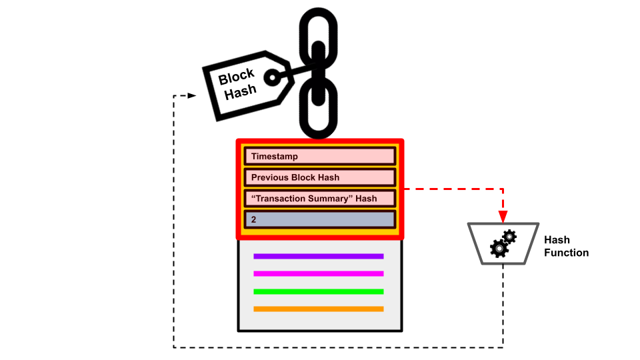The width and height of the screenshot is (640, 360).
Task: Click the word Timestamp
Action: click(275, 157)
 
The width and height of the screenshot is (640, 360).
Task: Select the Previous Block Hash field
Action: click(320, 177)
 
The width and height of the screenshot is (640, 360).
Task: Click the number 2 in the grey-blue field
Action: click(254, 219)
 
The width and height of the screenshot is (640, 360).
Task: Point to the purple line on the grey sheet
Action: click(319, 256)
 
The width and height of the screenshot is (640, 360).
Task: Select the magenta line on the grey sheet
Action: click(319, 273)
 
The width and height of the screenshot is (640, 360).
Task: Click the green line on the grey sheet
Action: click(319, 291)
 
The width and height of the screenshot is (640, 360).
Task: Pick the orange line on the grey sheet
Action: click(319, 309)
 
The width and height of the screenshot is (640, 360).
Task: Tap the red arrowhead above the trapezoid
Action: click(503, 217)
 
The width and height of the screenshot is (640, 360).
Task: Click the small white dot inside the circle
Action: click(273, 77)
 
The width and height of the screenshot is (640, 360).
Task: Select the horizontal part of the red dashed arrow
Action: click(453, 189)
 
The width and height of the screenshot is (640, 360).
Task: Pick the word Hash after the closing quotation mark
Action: click(366, 199)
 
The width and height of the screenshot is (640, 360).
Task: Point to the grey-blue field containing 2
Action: click(320, 219)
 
